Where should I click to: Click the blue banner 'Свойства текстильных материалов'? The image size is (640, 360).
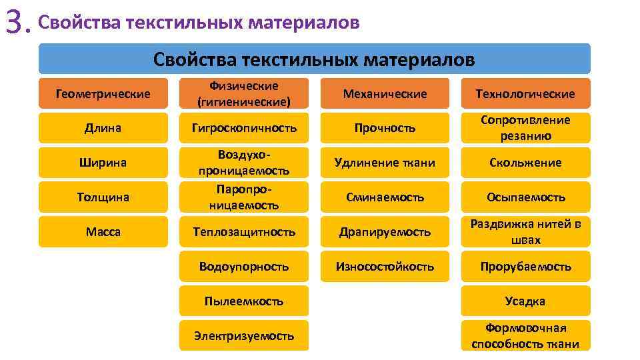pyautogui.click(x=314, y=59)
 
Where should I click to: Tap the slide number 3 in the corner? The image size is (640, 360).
pyautogui.click(x=17, y=25)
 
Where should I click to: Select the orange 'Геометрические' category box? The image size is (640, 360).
pyautogui.click(x=103, y=94)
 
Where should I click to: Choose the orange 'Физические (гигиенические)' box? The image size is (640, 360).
pyautogui.click(x=244, y=94)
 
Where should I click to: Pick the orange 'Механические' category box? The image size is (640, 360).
pyautogui.click(x=385, y=94)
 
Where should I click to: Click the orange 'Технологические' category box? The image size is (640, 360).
pyautogui.click(x=525, y=94)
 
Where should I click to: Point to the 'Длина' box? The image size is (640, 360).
pyautogui.click(x=103, y=128)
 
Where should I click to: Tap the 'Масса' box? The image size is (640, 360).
pyautogui.click(x=103, y=231)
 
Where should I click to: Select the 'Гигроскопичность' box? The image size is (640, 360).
pyautogui.click(x=244, y=128)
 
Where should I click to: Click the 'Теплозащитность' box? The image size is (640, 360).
pyautogui.click(x=244, y=232)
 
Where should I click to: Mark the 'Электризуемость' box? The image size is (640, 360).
pyautogui.click(x=244, y=336)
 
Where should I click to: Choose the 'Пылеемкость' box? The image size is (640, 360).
pyautogui.click(x=244, y=301)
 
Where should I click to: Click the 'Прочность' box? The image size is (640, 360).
pyautogui.click(x=385, y=128)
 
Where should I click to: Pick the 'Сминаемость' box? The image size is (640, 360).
pyautogui.click(x=385, y=197)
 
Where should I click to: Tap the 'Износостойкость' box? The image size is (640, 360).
pyautogui.click(x=385, y=267)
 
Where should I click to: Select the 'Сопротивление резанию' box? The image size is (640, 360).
pyautogui.click(x=525, y=128)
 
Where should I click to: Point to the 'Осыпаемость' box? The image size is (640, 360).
pyautogui.click(x=525, y=197)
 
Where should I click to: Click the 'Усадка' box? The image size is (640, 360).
pyautogui.click(x=525, y=301)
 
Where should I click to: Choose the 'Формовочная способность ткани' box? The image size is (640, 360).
pyautogui.click(x=525, y=336)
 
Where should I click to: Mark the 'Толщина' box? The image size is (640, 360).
pyautogui.click(x=103, y=197)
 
